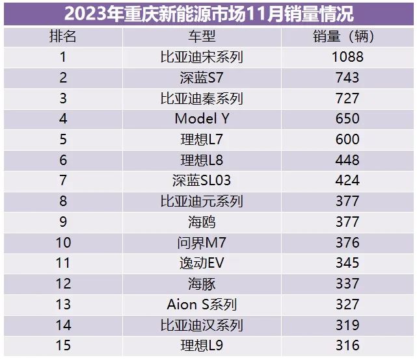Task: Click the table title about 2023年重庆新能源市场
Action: (x=208, y=13)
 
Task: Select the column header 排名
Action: (x=63, y=36)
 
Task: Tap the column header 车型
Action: (x=202, y=36)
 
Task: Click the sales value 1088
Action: (x=347, y=57)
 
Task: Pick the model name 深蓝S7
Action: (x=202, y=78)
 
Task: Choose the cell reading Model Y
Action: (x=202, y=119)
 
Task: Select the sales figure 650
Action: (x=347, y=119)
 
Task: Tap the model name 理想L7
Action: (x=202, y=140)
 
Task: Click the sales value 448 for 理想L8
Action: (x=347, y=161)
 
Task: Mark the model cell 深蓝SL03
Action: (x=202, y=181)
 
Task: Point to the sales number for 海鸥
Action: (x=347, y=222)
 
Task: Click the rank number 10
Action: (x=63, y=242)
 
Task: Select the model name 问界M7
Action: (x=202, y=242)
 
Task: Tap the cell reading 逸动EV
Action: (x=202, y=263)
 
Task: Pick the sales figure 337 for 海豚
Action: (x=347, y=284)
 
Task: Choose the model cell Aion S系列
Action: (x=202, y=305)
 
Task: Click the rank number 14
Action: (x=63, y=325)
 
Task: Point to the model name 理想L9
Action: (x=202, y=346)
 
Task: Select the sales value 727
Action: (x=347, y=99)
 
